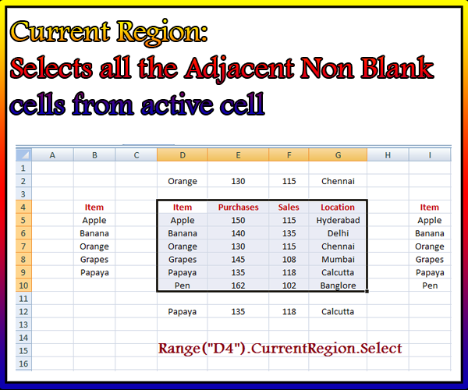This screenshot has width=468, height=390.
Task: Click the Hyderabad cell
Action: coord(338,220)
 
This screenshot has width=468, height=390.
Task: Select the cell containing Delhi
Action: coord(338,233)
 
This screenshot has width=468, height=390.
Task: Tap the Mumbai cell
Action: coord(338,259)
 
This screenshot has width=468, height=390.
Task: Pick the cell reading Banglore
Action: coord(338,285)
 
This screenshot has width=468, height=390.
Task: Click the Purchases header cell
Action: coord(238,207)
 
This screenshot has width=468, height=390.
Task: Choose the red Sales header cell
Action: coord(289,207)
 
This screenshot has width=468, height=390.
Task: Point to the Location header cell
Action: coord(338,207)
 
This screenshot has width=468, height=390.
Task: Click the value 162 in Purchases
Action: coord(238,285)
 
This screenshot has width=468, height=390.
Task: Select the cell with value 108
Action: coord(289,259)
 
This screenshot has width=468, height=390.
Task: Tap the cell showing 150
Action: coord(238,220)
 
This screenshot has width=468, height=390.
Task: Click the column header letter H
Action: coord(388,155)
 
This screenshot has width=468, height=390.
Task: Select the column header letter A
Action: coord(52,155)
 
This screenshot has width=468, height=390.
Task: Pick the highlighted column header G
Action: coord(338,155)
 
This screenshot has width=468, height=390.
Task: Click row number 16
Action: coord(23,363)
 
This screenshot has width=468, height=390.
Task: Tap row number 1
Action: coord(23,168)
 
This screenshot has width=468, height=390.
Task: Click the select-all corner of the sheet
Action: coord(23,155)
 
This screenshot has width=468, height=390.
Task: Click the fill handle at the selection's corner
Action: coord(367,291)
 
